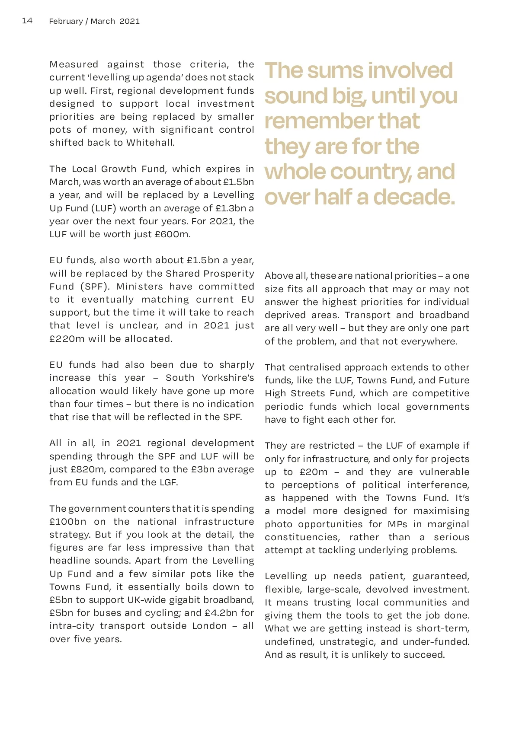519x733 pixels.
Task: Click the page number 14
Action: click(x=27, y=21)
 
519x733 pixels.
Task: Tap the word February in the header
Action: click(x=66, y=21)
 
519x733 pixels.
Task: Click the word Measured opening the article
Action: click(x=74, y=64)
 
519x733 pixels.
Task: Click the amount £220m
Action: click(x=67, y=339)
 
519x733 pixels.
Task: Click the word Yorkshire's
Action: click(x=228, y=378)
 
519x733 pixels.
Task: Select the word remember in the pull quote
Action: click(x=318, y=121)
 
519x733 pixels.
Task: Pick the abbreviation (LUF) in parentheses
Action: click(x=104, y=208)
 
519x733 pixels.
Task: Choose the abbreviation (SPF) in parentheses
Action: click(x=93, y=287)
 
